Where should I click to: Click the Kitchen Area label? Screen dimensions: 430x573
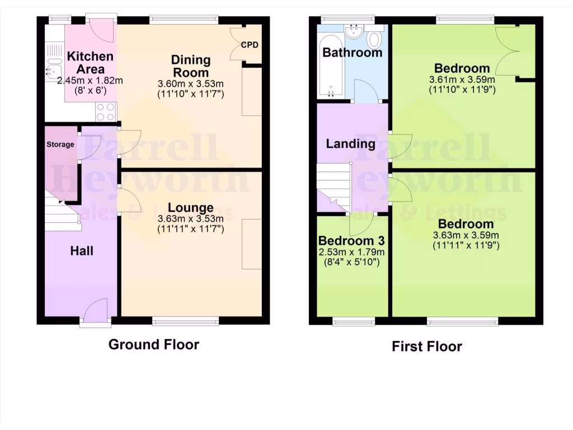pos(90,63)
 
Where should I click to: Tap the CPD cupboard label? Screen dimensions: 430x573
pos(250,45)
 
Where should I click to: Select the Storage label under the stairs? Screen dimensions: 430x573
pos(60,144)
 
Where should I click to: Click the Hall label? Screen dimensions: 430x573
pos(81,251)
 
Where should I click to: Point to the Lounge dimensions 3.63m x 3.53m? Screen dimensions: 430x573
pos(191,219)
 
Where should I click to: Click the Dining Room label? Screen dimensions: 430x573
pos(191,66)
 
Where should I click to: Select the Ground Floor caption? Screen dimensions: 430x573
pos(153,344)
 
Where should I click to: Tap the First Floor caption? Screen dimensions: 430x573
pos(427,347)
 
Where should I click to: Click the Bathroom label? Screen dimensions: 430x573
pos(353,53)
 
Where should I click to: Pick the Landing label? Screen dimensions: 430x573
pos(351,144)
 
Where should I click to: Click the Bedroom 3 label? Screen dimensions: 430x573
pos(351,241)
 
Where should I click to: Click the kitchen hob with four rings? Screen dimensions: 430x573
pos(105,112)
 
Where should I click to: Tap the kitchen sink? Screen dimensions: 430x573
pos(54,69)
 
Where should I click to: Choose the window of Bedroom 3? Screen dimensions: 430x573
pos(354,321)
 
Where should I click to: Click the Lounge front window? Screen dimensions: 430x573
pos(186,321)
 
